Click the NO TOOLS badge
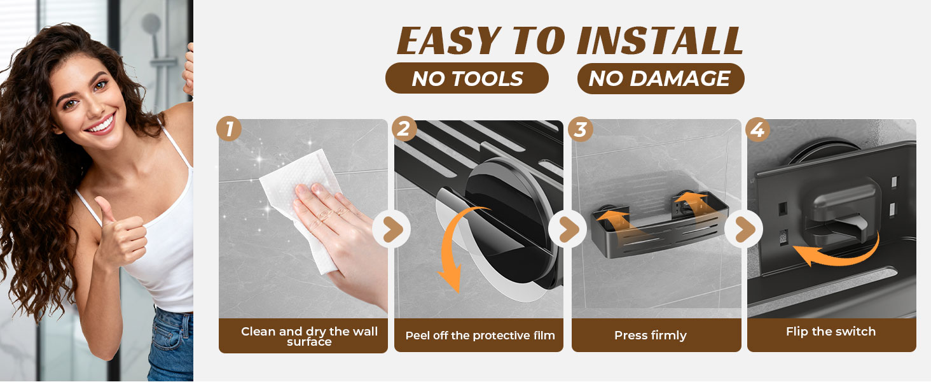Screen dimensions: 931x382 pos(467,78)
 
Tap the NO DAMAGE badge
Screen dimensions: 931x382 pos(661,78)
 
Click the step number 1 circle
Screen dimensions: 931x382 pos(229,129)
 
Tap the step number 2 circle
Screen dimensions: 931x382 pos(404,129)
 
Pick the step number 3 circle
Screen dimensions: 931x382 pos(581,129)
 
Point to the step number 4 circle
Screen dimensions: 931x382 pos(757,129)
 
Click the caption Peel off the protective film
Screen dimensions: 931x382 pos(480,336)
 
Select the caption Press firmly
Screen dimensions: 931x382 pos(651,336)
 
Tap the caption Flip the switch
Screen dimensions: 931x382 pos(831,331)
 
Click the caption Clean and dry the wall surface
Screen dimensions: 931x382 pos(309,336)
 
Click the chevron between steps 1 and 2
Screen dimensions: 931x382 pos(392,229)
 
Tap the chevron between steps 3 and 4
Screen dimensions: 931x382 pos(744,229)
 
